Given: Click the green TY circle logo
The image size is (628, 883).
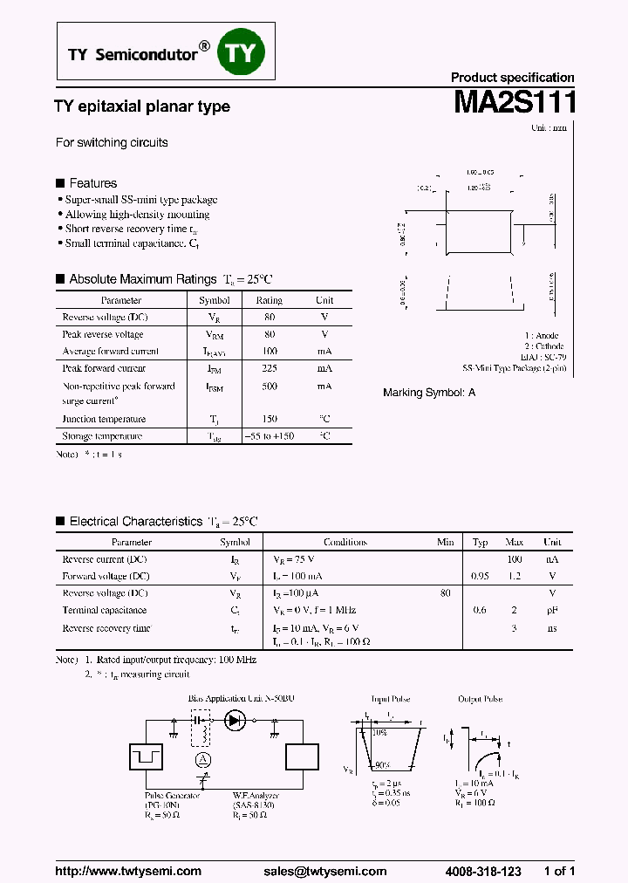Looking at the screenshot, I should pyautogui.click(x=241, y=53).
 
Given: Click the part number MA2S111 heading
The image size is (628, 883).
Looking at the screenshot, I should pyautogui.click(x=514, y=103).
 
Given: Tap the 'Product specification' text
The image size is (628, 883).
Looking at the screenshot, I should pyautogui.click(x=512, y=78).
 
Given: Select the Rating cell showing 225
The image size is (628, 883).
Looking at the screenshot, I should pyautogui.click(x=269, y=368).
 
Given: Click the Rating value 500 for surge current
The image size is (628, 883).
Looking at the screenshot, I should pyautogui.click(x=269, y=386).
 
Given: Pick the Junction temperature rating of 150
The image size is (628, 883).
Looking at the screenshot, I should pyautogui.click(x=269, y=419).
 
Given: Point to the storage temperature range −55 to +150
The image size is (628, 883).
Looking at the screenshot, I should pyautogui.click(x=269, y=435).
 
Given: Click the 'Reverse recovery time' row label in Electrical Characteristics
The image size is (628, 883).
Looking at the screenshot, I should pyautogui.click(x=106, y=628).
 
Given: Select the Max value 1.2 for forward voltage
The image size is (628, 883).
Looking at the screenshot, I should pyautogui.click(x=514, y=576).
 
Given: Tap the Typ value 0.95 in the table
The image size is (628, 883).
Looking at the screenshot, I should pyautogui.click(x=480, y=576).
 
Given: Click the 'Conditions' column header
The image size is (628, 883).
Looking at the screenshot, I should pyautogui.click(x=345, y=542).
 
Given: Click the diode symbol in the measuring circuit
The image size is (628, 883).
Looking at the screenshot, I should pyautogui.click(x=235, y=721).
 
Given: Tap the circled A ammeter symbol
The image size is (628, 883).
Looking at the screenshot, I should pyautogui.click(x=203, y=760).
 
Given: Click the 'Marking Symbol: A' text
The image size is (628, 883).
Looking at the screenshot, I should pyautogui.click(x=429, y=393).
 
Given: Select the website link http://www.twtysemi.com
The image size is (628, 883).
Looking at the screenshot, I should pyautogui.click(x=128, y=871).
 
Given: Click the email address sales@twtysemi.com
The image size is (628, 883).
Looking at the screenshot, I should pyautogui.click(x=324, y=871).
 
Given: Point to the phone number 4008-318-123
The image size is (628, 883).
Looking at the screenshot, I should pyautogui.click(x=483, y=871).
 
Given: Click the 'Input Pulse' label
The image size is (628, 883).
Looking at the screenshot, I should pyautogui.click(x=390, y=699).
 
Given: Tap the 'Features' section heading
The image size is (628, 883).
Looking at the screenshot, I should pyautogui.click(x=92, y=183).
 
